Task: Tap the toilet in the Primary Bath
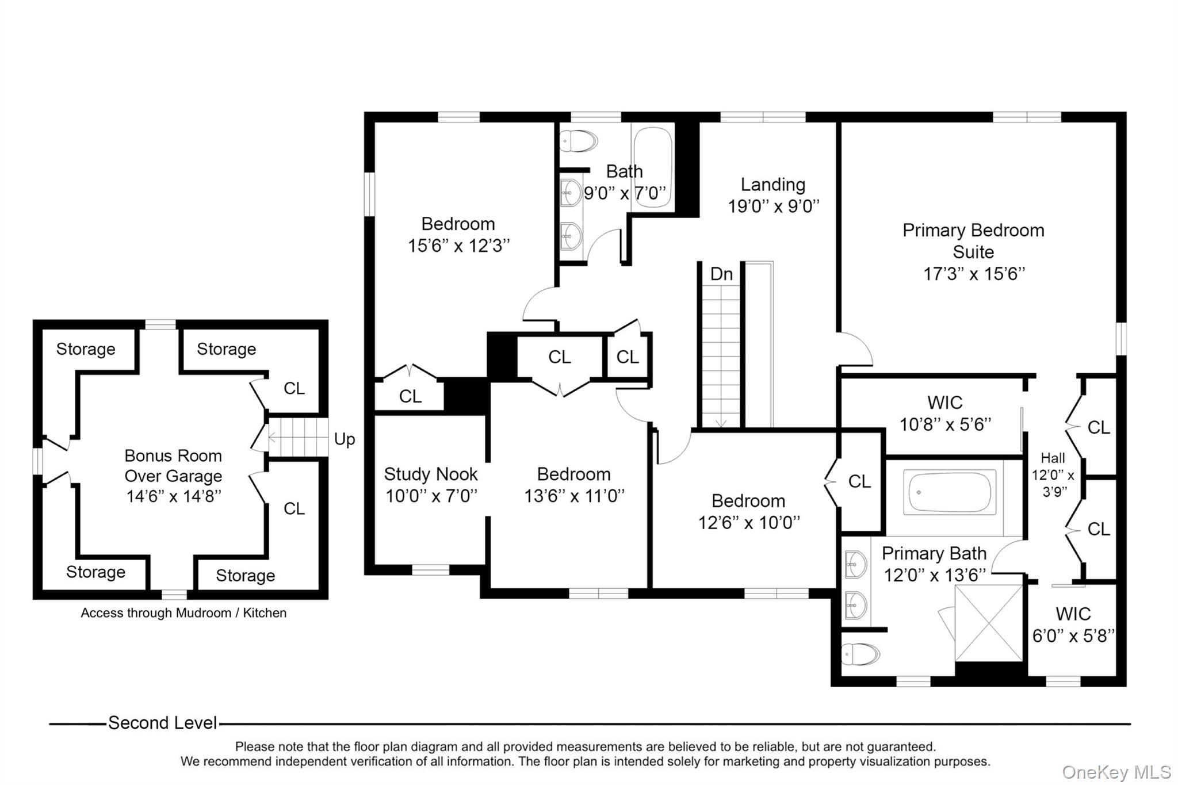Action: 860,654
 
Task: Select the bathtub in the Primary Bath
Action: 950,493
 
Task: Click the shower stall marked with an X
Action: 988,623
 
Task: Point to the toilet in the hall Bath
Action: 579,140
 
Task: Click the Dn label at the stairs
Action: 721,274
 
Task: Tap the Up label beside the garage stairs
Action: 345,439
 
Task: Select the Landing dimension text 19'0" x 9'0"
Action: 773,206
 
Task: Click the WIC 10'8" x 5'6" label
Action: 944,413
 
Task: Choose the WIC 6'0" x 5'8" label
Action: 1073,625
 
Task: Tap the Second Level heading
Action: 162,723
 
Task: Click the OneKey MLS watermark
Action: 1115,772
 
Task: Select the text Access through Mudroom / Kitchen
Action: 183,613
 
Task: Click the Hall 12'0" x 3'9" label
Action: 1053,474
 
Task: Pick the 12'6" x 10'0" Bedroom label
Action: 748,511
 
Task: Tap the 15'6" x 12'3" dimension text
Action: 458,246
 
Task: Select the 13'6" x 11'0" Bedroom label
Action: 573,484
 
